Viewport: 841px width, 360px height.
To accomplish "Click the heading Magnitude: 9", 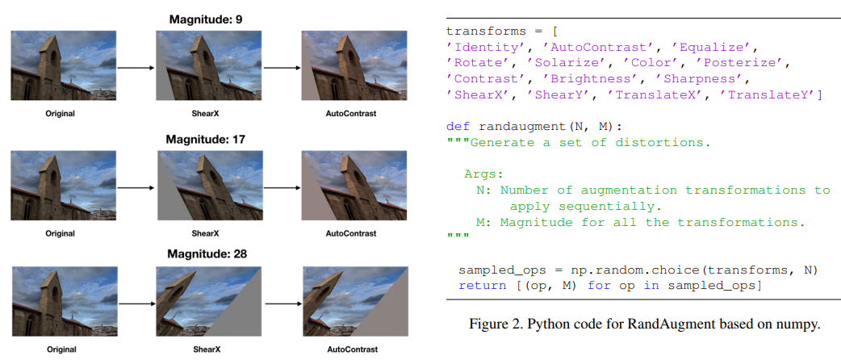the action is click(x=207, y=18).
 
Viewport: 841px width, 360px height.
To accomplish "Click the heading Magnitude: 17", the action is click(x=207, y=139).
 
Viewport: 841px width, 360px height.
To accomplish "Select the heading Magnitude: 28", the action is click(x=207, y=253).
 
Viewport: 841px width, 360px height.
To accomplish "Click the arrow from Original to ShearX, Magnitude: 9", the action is click(x=134, y=69).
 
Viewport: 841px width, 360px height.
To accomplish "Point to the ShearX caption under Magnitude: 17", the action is click(x=206, y=233).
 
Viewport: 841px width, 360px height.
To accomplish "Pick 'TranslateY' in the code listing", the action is click(x=770, y=96).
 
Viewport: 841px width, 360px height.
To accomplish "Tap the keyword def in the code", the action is click(x=458, y=127).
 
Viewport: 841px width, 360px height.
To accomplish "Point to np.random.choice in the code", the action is click(x=621, y=270).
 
